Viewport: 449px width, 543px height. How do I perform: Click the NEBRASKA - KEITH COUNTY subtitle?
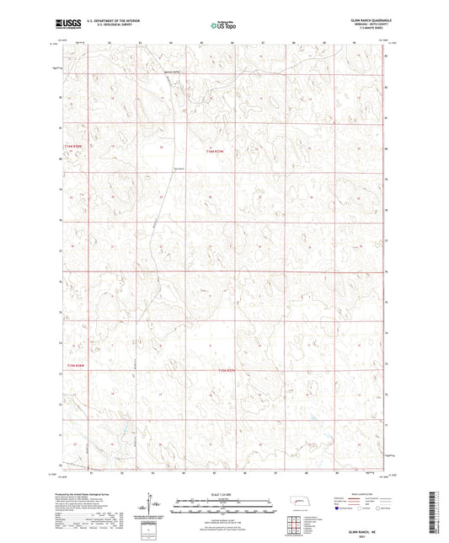click(367, 25)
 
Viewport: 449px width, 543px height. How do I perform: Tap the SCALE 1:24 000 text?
click(224, 494)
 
